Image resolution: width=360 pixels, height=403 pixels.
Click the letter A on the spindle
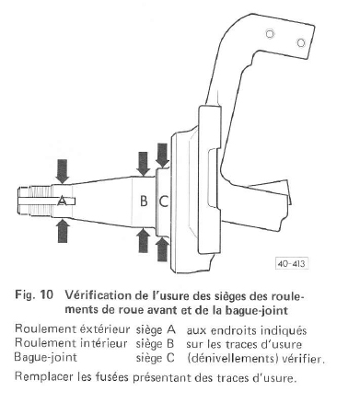[62, 201]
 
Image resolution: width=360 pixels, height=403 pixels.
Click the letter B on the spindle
[144, 201]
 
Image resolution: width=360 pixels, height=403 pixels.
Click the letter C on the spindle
[164, 201]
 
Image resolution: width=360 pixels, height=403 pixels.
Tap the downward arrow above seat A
[63, 171]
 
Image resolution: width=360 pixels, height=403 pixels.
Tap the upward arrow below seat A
[63, 231]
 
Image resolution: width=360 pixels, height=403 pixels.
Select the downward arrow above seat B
[143, 164]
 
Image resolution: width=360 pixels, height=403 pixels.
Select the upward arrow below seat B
[144, 240]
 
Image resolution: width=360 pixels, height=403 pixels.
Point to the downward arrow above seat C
[163, 155]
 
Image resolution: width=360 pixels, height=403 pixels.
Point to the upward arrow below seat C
[162, 249]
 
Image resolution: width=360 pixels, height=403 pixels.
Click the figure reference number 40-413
[291, 263]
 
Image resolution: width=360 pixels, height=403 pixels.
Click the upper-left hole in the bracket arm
[270, 34]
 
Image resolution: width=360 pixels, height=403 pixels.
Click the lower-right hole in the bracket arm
[301, 42]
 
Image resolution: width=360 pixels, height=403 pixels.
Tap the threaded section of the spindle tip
[39, 201]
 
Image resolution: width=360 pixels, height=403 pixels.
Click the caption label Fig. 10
[34, 294]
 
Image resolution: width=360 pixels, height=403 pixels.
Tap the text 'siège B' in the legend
[155, 343]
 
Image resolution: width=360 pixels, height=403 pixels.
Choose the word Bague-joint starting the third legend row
[46, 358]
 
